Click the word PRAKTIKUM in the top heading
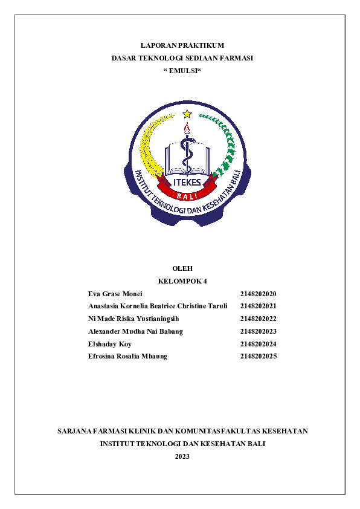pyautogui.click(x=202, y=45)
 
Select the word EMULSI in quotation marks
pyautogui.click(x=182, y=71)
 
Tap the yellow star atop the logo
pyautogui.click(x=187, y=114)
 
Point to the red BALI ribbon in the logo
pyautogui.click(x=187, y=195)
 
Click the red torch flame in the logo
pyautogui.click(x=187, y=128)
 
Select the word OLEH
pyautogui.click(x=182, y=268)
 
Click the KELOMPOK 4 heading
pyautogui.click(x=182, y=281)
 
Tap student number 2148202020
pyautogui.click(x=258, y=294)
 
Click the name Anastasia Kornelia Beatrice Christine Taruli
pyautogui.click(x=158, y=306)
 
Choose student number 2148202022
pyautogui.click(x=258, y=319)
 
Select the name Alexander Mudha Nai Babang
pyautogui.click(x=135, y=331)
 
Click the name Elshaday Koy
pyautogui.click(x=110, y=344)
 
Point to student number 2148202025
pyautogui.click(x=258, y=357)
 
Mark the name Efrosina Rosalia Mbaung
pyautogui.click(x=127, y=357)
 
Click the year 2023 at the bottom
pyautogui.click(x=182, y=456)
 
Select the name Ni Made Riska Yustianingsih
pyautogui.click(x=133, y=319)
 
